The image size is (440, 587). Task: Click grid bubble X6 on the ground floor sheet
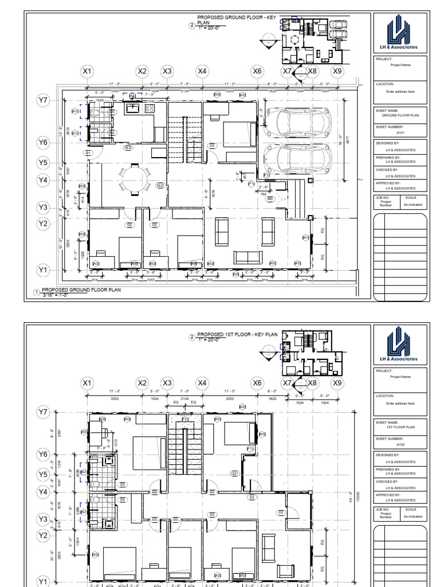pos(258,72)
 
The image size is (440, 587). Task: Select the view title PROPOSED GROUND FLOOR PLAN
pos(80,290)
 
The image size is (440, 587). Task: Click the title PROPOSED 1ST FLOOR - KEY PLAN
pos(237,334)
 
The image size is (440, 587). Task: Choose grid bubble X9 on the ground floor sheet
pos(337,72)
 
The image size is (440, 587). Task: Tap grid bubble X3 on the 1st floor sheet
pos(167,383)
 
